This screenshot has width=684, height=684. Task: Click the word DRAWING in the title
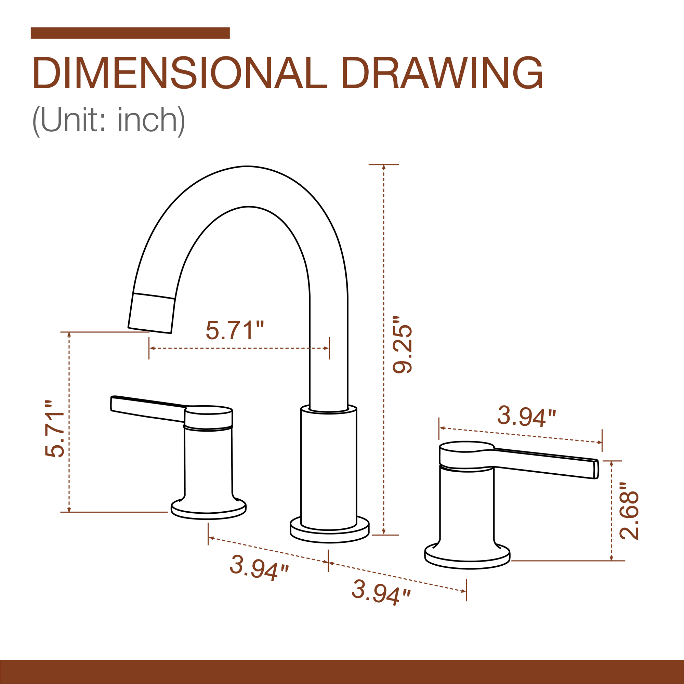(x=442, y=73)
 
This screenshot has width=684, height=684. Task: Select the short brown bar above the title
(x=130, y=33)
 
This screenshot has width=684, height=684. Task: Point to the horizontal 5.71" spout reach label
(x=235, y=330)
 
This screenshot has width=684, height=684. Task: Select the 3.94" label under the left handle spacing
(x=259, y=568)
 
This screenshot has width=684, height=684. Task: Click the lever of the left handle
(x=147, y=409)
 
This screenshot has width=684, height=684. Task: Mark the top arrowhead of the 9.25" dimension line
(x=384, y=168)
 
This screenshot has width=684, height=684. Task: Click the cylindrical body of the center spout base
(x=329, y=467)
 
